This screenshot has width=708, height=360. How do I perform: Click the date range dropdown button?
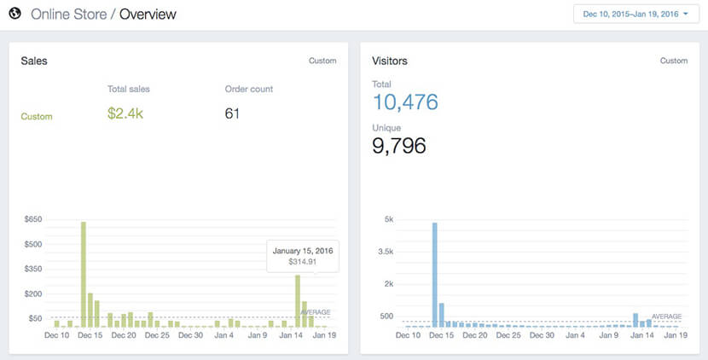pyautogui.click(x=635, y=15)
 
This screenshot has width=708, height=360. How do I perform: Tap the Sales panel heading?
pyautogui.click(x=33, y=61)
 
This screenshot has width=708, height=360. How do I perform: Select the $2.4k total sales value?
pyautogui.click(x=126, y=114)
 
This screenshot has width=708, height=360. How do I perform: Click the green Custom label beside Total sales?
pyautogui.click(x=37, y=117)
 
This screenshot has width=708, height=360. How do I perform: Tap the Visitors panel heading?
pyautogui.click(x=390, y=61)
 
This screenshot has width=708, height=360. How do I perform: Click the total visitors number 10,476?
pyautogui.click(x=405, y=102)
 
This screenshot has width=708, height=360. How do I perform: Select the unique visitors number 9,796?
pyautogui.click(x=399, y=146)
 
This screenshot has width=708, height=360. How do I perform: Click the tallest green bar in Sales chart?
pyautogui.click(x=84, y=273)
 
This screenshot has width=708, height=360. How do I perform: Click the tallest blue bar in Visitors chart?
pyautogui.click(x=434, y=273)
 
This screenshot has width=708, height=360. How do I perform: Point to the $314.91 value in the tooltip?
pyautogui.click(x=303, y=262)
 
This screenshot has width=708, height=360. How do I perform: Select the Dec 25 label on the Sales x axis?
pyautogui.click(x=158, y=336)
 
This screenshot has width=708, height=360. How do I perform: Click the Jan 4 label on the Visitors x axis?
pyautogui.click(x=576, y=336)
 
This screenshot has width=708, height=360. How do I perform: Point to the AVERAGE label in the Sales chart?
pyautogui.click(x=315, y=312)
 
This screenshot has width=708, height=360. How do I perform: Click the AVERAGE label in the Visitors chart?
pyautogui.click(x=666, y=316)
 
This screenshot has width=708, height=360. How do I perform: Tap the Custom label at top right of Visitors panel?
pyautogui.click(x=674, y=61)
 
